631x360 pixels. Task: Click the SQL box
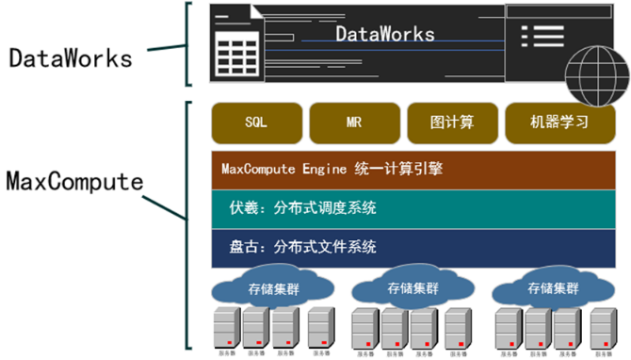(256, 123)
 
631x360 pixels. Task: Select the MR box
(353, 123)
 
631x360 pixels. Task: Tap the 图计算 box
(451, 123)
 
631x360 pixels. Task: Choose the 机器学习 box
(559, 123)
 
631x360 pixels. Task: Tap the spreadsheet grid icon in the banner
(230, 56)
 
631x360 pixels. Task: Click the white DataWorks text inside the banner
(385, 34)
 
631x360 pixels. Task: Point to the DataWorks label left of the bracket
(70, 57)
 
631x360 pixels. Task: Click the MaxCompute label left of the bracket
(74, 179)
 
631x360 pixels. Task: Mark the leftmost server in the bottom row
(226, 329)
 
